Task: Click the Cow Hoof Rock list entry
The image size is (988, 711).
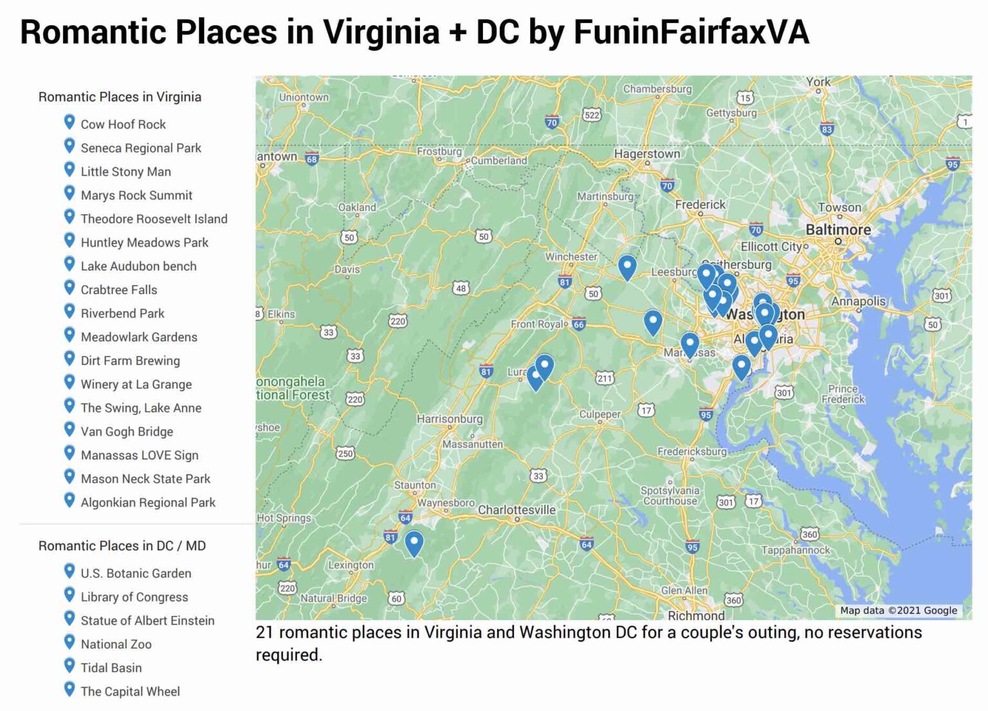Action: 123,124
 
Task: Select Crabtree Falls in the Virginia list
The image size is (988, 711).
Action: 118,290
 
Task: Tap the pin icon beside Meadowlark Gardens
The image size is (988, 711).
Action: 69,335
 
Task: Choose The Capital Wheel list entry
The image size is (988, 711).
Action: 130,691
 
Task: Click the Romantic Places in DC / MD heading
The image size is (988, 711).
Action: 122,546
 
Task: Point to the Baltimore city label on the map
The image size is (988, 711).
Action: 837,230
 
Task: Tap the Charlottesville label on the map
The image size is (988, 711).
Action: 517,510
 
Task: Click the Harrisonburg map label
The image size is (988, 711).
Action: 449,419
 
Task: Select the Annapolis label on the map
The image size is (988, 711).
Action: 858,301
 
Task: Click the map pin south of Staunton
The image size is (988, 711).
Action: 414,542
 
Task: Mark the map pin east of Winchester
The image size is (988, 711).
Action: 627,266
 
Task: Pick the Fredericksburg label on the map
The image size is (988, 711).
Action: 691,452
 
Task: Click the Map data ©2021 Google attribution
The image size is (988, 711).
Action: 898,611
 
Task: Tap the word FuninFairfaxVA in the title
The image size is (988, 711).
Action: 691,32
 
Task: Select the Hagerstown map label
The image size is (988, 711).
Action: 646,154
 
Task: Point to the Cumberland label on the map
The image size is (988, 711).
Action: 499,160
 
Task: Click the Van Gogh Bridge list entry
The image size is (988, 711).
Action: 127,431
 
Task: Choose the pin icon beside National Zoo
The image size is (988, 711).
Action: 69,642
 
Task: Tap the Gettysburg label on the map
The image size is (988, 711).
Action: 731,113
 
